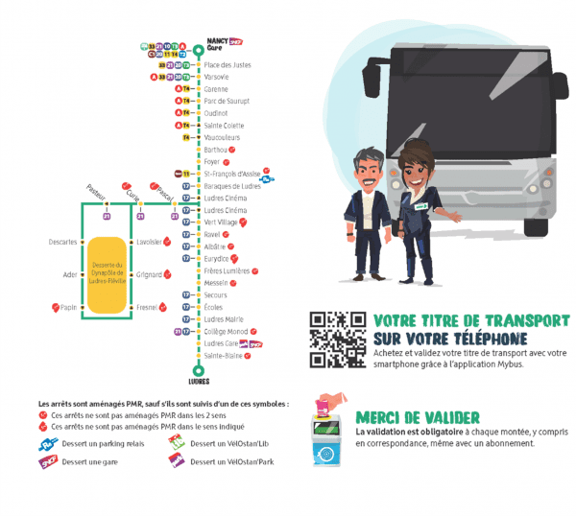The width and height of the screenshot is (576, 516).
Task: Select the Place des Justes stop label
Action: pyautogui.click(x=228, y=64)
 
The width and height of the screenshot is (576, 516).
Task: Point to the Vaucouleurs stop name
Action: pyautogui.click(x=223, y=137)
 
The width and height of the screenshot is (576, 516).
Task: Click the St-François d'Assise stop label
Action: pyautogui.click(x=231, y=174)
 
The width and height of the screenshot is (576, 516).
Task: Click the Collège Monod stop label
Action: pyautogui.click(x=226, y=331)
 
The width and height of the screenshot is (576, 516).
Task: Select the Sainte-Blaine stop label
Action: pyautogui.click(x=223, y=355)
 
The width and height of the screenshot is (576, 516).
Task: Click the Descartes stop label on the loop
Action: pyautogui.click(x=62, y=242)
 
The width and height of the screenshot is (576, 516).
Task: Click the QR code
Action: pyautogui.click(x=337, y=340)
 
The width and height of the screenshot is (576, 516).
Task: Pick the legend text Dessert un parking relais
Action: pyautogui.click(x=104, y=443)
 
